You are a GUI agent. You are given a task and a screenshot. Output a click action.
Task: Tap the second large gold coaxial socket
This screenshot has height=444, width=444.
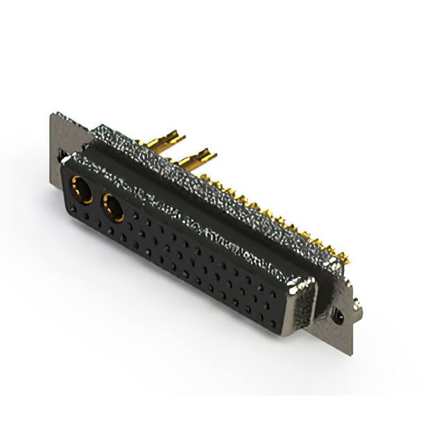[112, 207]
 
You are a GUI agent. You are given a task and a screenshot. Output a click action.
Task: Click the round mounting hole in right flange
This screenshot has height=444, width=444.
[338, 317]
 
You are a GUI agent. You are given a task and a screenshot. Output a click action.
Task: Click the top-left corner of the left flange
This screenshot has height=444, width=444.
[53, 114]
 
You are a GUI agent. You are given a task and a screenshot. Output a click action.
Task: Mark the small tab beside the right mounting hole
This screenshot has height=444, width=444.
[356, 305]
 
